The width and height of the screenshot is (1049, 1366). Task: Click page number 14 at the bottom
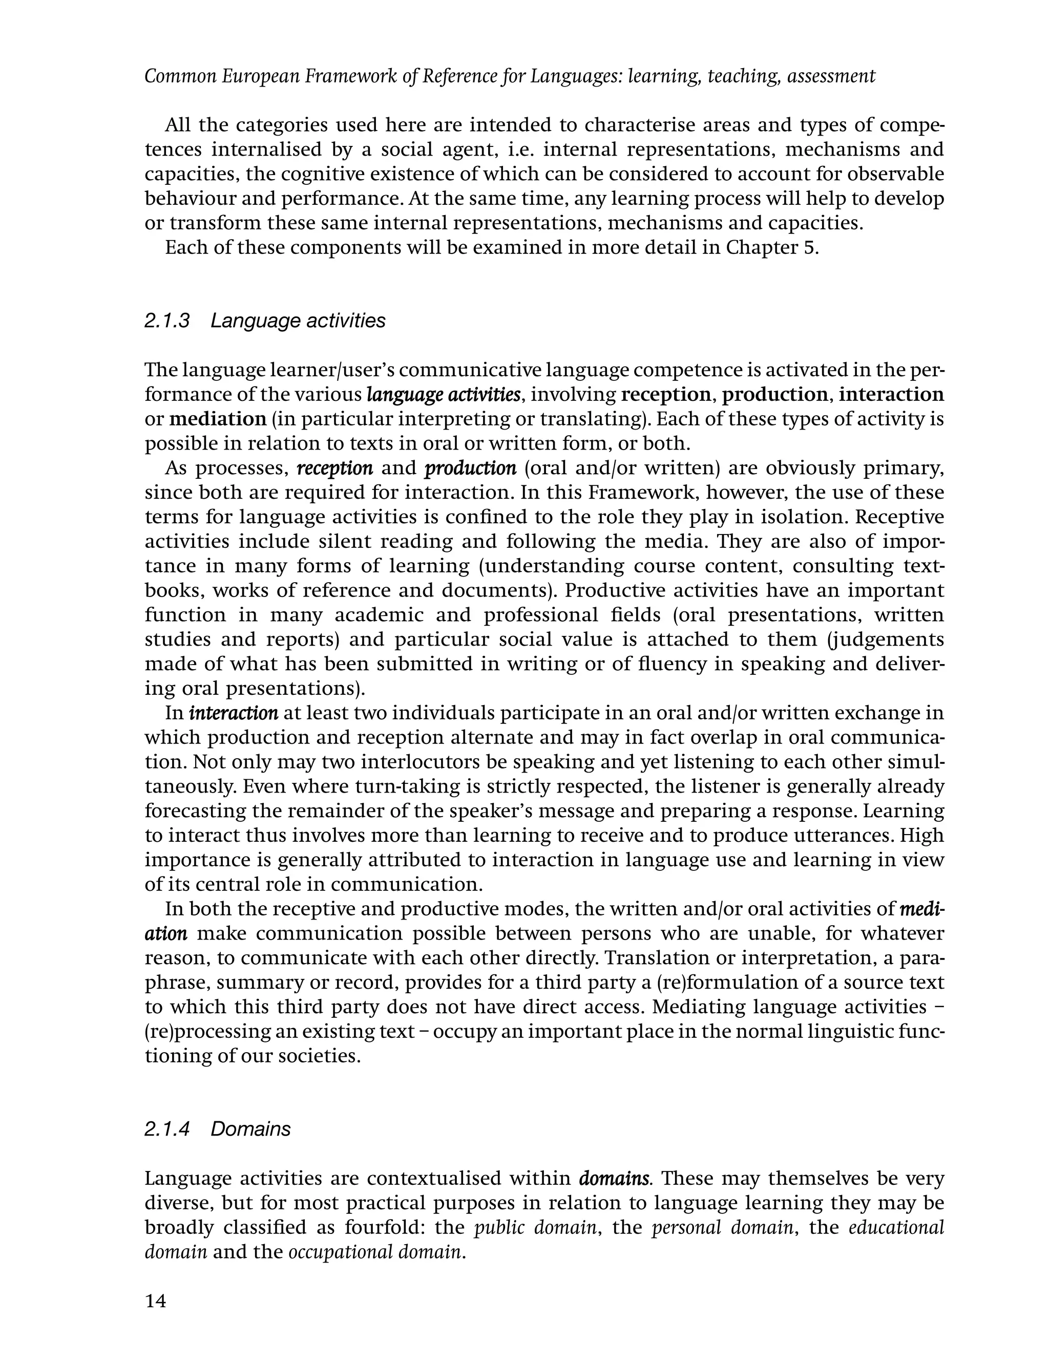pos(156,1301)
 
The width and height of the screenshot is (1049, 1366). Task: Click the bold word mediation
pos(217,419)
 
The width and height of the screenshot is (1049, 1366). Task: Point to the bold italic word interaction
pos(234,713)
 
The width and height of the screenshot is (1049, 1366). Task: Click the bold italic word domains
pos(615,1179)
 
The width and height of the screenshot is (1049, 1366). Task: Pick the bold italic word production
pos(470,468)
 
